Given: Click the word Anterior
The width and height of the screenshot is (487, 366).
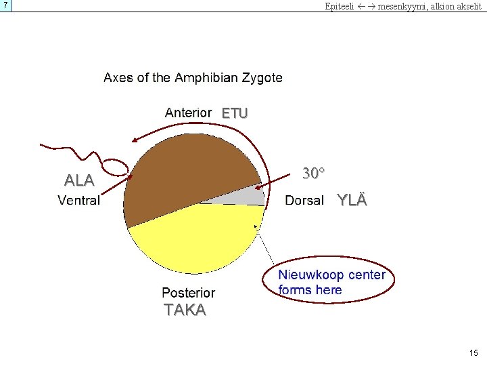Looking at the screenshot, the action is pos(188,113).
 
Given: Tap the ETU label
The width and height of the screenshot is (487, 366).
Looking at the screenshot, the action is pos(235,113).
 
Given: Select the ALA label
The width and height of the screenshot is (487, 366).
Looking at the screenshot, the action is pos(79,180).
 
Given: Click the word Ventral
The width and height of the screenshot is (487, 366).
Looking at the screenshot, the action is pos(78,200).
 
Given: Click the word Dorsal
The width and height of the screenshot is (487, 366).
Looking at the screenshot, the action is pos(304,201).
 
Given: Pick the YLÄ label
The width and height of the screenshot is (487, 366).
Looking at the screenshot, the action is pos(352,200).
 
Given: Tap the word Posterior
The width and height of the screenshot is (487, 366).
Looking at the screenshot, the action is pos(188,293).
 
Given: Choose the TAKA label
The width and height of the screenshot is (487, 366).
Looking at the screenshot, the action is pos(185,310).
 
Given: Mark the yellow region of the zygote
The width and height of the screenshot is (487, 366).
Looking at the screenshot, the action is pos(196,244).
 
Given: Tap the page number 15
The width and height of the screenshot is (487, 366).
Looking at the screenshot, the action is pos(473,352).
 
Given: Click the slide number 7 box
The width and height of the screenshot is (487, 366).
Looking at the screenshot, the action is pos(6,5).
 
